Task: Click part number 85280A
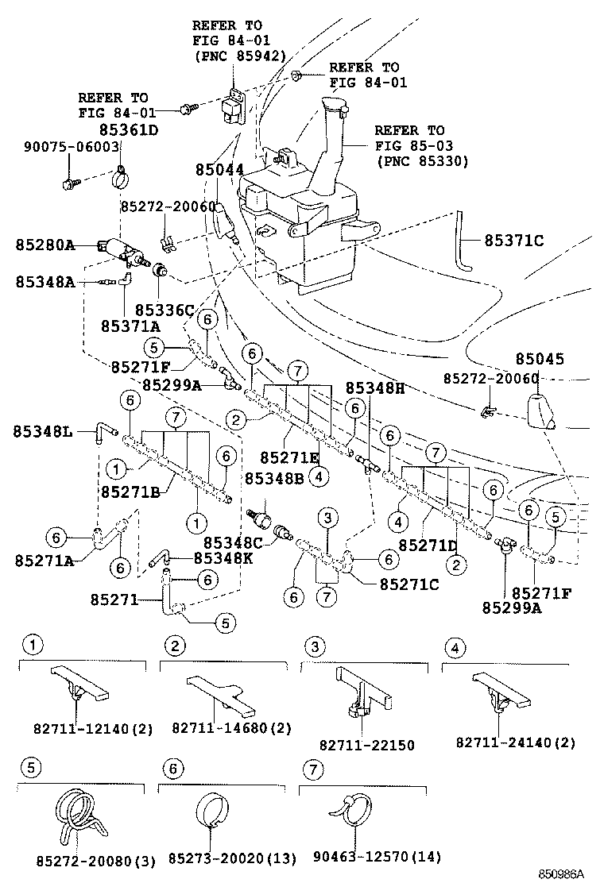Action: [x=45, y=245]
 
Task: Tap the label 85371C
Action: [x=514, y=241]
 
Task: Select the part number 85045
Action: [x=539, y=358]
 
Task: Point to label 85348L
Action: [x=43, y=431]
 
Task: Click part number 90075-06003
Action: [x=72, y=146]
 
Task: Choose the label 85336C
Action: [x=165, y=310]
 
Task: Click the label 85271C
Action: [x=409, y=584]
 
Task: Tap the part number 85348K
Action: [x=223, y=558]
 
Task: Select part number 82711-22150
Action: [x=367, y=745]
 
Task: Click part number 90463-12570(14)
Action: [x=377, y=857]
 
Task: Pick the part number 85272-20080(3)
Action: [x=96, y=861]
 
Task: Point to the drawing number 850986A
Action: [x=561, y=874]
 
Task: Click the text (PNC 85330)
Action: [x=423, y=160]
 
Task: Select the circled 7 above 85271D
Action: [x=436, y=452]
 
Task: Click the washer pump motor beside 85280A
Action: [x=122, y=250]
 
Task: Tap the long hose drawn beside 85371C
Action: [x=463, y=240]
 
